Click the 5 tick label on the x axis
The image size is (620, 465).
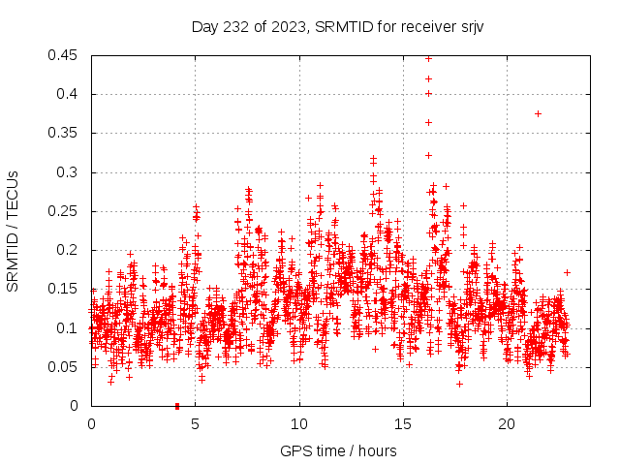tap(196, 424)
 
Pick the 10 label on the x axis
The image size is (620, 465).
tap(299, 424)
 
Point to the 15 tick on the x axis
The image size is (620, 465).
tap(403, 424)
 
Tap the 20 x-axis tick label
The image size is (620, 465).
tap(508, 424)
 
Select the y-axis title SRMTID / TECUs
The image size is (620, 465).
tap(14, 231)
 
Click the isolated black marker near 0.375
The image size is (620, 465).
tap(538, 113)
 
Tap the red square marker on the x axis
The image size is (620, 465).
tap(177, 406)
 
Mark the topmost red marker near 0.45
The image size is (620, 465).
tap(428, 58)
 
